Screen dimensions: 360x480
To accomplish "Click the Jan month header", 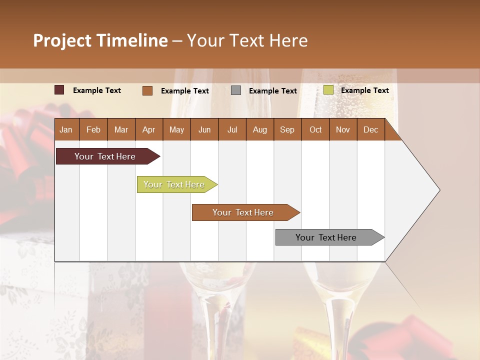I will pyautogui.click(x=66, y=129).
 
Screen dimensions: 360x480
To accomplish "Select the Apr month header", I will pyautogui.click(x=148, y=129).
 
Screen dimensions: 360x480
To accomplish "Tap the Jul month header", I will pyautogui.click(x=232, y=129).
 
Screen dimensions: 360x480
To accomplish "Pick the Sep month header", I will pyautogui.click(x=287, y=129).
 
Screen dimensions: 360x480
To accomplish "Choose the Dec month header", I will pyautogui.click(x=370, y=129).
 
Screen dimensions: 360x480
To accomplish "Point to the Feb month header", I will pyautogui.click(x=93, y=129).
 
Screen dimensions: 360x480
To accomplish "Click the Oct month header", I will pyautogui.click(x=315, y=129).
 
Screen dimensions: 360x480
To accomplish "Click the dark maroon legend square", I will pyautogui.click(x=59, y=90).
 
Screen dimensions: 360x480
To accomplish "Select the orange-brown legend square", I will pyautogui.click(x=147, y=90).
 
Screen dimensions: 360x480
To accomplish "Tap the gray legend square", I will pyautogui.click(x=236, y=90).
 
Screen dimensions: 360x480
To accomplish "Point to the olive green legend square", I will pyautogui.click(x=328, y=90).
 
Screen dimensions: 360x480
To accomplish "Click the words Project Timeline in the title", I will pyautogui.click(x=100, y=40).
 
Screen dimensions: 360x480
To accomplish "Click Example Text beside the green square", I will pyautogui.click(x=364, y=90).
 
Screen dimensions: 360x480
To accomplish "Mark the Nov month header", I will pyautogui.click(x=343, y=129).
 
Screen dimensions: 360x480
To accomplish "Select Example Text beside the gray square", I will pyautogui.click(x=272, y=91).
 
